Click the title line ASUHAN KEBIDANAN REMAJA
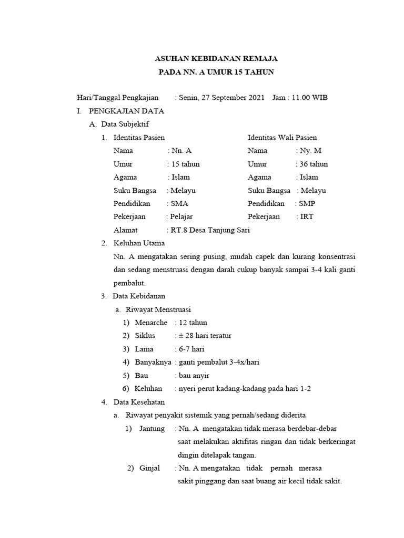click(x=218, y=58)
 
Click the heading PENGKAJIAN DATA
click(x=126, y=111)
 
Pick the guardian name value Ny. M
click(x=310, y=151)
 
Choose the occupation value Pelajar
click(x=181, y=216)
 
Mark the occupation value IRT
click(x=307, y=216)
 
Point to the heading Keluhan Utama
click(x=139, y=243)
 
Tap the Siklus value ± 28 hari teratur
click(x=205, y=336)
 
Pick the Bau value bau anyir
click(x=194, y=376)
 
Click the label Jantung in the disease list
click(x=152, y=429)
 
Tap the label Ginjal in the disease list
click(x=150, y=468)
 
